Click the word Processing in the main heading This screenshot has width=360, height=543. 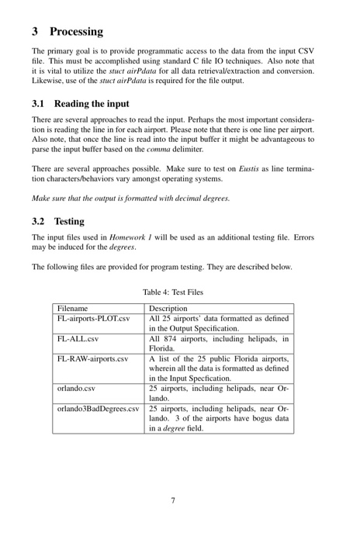[x=76, y=32]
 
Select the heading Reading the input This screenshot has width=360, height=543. [x=92, y=104]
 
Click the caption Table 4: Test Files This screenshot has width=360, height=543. [x=178, y=292]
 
